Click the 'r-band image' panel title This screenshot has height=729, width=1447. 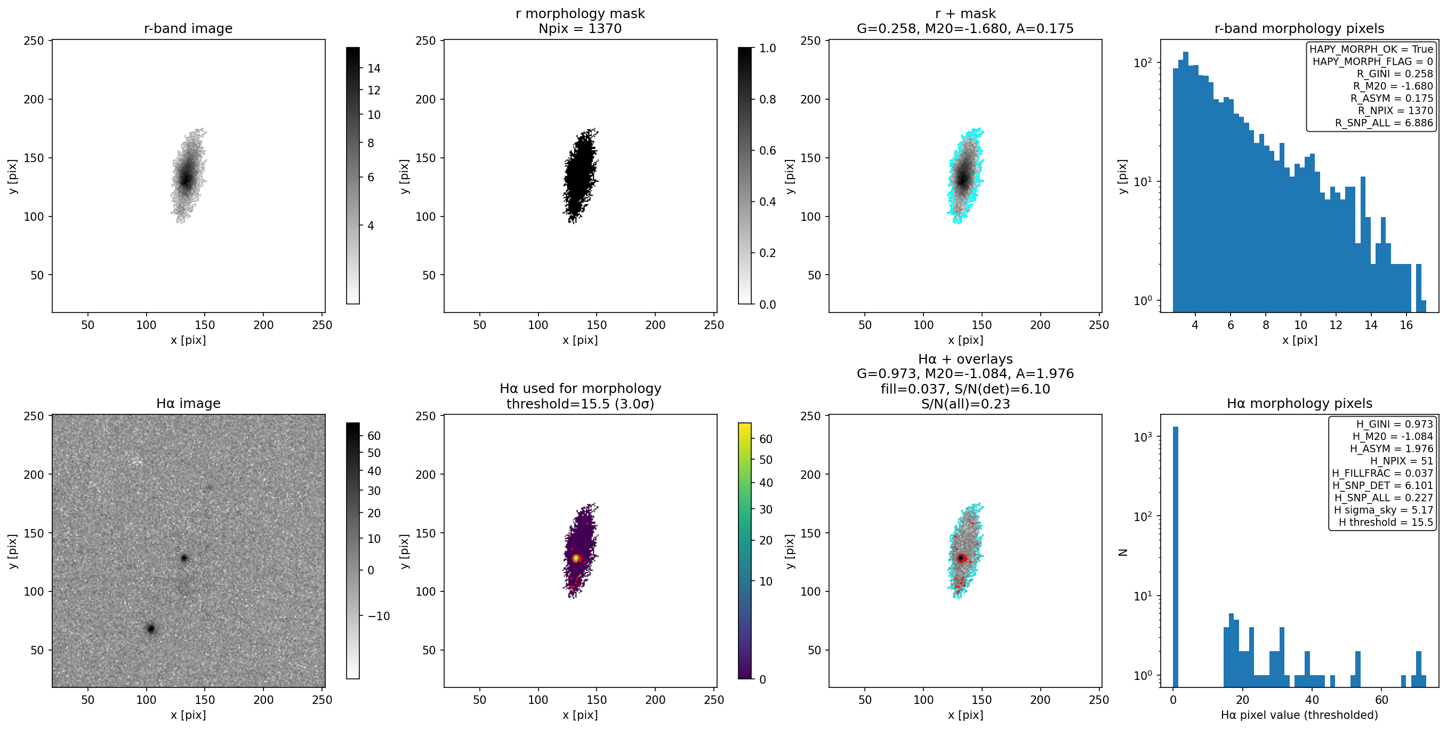coord(188,28)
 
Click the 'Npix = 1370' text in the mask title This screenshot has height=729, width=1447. coord(580,28)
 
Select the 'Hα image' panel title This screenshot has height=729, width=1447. coord(188,403)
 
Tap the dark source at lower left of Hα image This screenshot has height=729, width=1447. coord(150,628)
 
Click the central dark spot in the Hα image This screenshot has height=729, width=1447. coord(184,558)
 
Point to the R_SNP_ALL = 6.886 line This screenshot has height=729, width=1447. coord(1384,123)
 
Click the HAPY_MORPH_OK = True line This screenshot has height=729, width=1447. coord(1371,49)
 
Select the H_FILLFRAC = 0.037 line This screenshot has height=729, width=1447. coord(1382,473)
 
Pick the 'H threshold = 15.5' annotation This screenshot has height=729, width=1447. coord(1386,522)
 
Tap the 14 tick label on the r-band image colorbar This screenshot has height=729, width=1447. coord(374,69)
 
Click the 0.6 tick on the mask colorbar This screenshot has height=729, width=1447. coord(767,150)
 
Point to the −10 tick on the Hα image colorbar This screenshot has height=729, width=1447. coord(378,616)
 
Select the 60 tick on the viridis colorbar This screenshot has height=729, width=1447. coord(766,439)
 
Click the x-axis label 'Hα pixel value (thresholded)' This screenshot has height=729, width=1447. coord(1299,715)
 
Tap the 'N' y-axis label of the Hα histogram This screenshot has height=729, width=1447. coord(1123,552)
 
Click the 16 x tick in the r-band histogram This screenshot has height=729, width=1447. coord(1406,325)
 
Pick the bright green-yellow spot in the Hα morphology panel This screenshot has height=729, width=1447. coord(576,558)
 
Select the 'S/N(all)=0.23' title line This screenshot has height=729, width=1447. coord(965,404)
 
